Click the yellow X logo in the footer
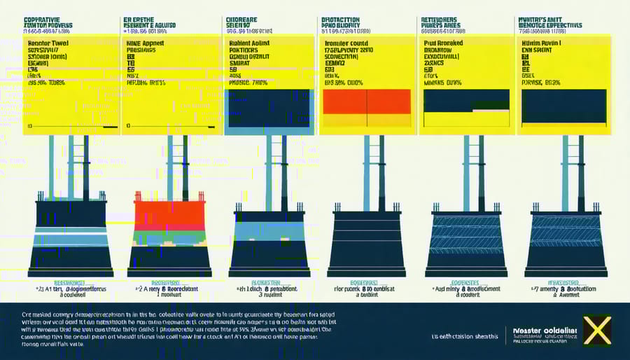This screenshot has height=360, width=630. point(597,330)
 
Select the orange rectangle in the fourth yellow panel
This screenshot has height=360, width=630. point(367,102)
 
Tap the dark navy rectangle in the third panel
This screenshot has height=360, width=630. point(269,109)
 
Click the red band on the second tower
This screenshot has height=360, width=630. point(169,216)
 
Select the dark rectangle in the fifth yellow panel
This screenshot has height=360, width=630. point(465,101)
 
